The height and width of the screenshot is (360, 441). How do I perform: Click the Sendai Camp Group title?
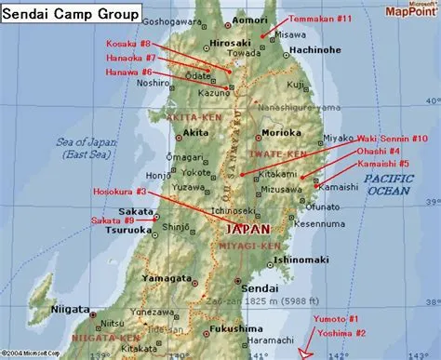pyautogui.click(x=72, y=14)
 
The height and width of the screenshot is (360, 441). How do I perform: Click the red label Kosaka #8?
pyautogui.click(x=127, y=43)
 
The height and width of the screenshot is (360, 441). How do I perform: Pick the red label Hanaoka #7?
pyautogui.click(x=129, y=57)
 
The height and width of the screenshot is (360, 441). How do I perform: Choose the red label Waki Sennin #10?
pyautogui.click(x=394, y=138)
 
